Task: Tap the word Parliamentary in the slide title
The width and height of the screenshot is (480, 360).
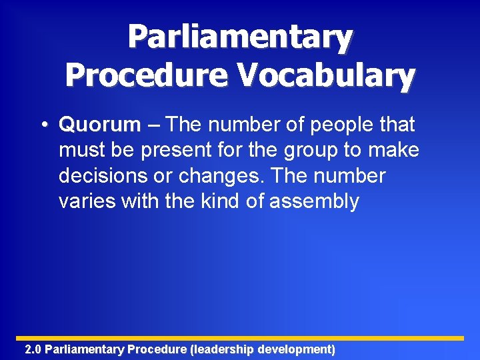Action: click(240, 38)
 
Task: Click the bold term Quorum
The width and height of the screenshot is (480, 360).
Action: click(100, 125)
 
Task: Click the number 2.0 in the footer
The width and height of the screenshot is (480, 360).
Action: click(33, 349)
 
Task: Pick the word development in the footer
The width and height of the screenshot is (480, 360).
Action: click(296, 349)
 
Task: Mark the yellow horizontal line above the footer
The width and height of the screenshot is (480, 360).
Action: click(240, 338)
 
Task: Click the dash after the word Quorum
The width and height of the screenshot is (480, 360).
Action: click(153, 125)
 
